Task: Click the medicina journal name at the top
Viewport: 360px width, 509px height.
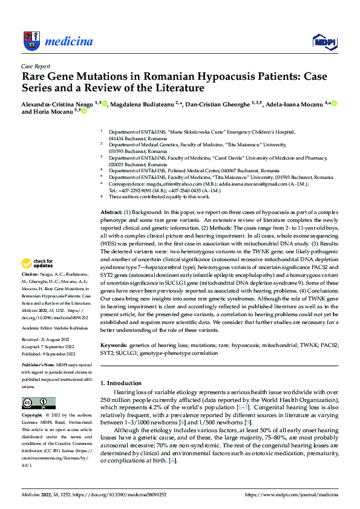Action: [x=70, y=41]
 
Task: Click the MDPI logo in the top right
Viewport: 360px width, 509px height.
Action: [x=324, y=41]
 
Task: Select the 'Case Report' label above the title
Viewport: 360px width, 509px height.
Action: [x=35, y=66]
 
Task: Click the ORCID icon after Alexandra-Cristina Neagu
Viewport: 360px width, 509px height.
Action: [x=105, y=104]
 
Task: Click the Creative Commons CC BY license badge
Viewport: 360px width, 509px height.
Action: [x=39, y=403]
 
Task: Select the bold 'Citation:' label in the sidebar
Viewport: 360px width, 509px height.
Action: [x=31, y=273]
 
